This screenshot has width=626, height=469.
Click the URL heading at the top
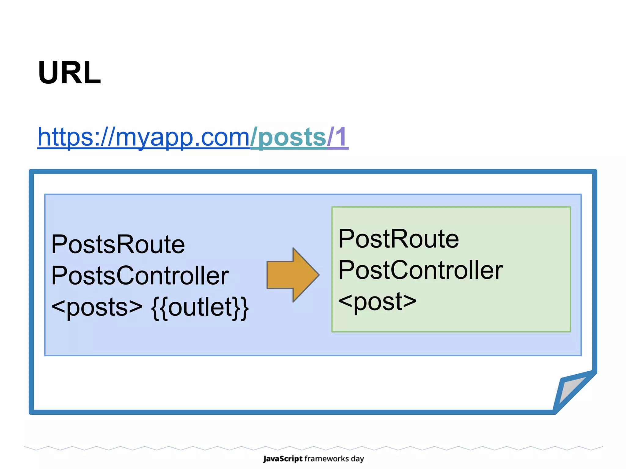[69, 73]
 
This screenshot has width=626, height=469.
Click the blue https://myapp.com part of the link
[144, 137]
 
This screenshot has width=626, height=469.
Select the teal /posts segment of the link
[289, 137]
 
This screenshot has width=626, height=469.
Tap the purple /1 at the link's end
[338, 137]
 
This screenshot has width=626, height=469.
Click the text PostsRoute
[118, 244]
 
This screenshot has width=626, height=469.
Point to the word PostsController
[140, 275]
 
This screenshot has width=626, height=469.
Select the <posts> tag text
[97, 307]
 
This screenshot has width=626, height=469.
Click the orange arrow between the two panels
[290, 275]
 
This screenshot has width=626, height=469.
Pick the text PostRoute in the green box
[399, 239]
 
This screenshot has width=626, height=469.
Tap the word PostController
[421, 270]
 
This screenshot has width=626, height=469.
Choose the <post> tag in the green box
[378, 301]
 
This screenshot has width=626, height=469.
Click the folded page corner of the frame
[572, 391]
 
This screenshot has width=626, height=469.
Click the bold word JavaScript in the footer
[283, 459]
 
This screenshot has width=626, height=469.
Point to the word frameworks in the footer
[327, 459]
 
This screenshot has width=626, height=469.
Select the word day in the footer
[357, 459]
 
